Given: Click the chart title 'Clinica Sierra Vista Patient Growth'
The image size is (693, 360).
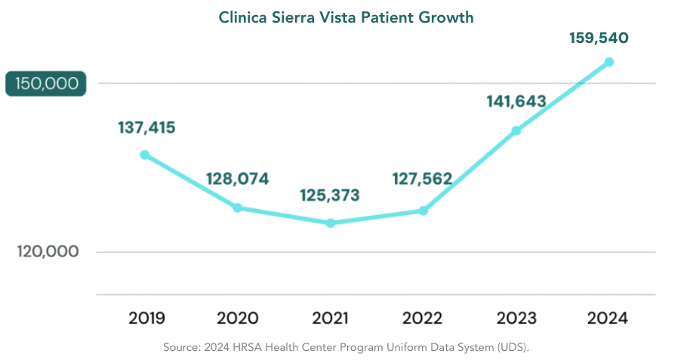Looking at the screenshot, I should [346, 17].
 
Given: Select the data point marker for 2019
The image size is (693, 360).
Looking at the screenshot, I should [145, 154].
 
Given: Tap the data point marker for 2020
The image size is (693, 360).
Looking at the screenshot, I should [238, 208].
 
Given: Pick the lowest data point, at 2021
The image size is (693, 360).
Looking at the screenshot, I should [331, 223].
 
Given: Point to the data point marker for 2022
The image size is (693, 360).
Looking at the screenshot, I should [423, 211].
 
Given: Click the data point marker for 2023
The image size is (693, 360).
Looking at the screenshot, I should [516, 131].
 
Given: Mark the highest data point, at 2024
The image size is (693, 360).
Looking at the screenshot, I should [609, 62].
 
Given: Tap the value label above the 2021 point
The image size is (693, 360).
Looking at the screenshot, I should [331, 195].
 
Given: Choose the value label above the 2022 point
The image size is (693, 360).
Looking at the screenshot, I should [423, 179].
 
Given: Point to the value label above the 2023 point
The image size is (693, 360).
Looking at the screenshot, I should [516, 101].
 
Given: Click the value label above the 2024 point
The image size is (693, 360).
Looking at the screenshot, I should [599, 38].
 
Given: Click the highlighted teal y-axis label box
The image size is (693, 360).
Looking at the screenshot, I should [46, 84].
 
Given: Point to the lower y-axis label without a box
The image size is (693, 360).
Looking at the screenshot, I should [48, 251].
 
